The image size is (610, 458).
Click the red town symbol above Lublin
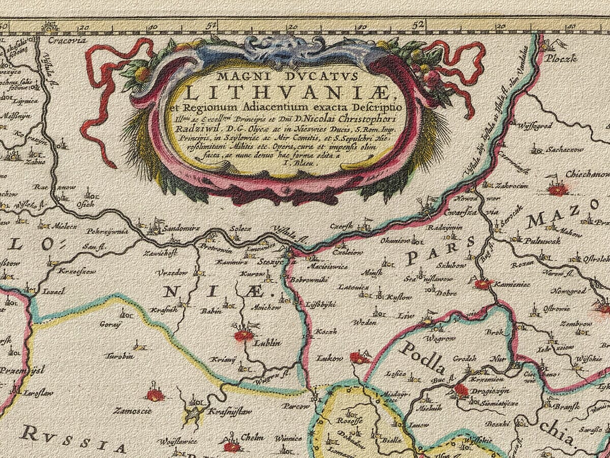[243, 335]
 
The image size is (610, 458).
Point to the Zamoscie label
[132, 410]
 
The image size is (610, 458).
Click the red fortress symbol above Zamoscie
[155, 394]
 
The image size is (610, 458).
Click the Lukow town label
[329, 358]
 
